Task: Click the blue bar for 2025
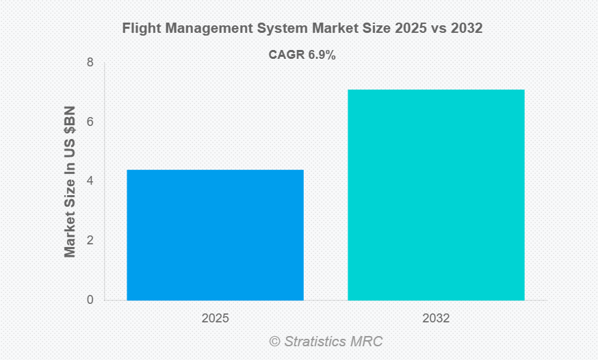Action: click(215, 235)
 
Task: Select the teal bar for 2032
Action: click(436, 194)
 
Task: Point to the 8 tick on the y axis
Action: click(90, 63)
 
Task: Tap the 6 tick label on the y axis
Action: click(90, 122)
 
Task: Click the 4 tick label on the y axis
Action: click(90, 181)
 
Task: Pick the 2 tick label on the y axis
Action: click(90, 240)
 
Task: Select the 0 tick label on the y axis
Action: click(90, 300)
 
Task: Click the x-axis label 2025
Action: click(215, 319)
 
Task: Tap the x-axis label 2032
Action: click(436, 319)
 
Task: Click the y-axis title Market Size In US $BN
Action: click(70, 181)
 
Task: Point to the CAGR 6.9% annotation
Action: click(302, 55)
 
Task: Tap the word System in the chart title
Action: click(272, 29)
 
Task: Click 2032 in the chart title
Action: click(468, 29)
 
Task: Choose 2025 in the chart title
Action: click(408, 29)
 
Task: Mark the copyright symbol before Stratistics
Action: click(274, 341)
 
